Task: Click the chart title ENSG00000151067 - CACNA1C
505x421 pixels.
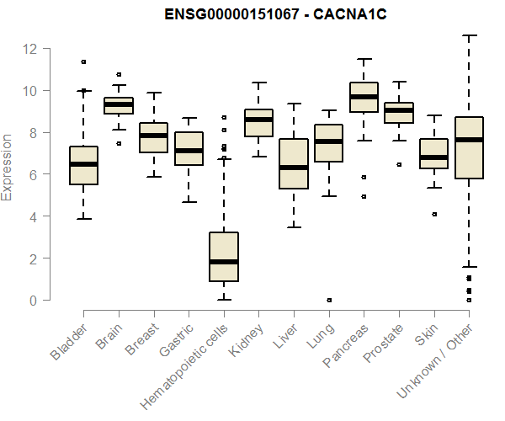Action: click(x=275, y=14)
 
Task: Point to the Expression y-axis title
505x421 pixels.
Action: click(x=7, y=168)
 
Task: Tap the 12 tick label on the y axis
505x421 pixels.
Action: click(x=29, y=49)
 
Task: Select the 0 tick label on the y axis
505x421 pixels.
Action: click(x=33, y=301)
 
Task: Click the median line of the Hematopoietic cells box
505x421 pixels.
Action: click(x=224, y=262)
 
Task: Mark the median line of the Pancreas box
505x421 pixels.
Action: click(x=364, y=97)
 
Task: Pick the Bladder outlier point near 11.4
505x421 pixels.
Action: click(x=83, y=61)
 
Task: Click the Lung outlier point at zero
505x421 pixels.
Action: click(x=329, y=301)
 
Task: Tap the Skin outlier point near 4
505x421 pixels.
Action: click(x=434, y=214)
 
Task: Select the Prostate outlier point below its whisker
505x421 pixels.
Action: click(x=399, y=164)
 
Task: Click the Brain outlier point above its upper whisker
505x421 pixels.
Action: click(x=119, y=74)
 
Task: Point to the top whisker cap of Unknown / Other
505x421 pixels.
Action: click(x=470, y=35)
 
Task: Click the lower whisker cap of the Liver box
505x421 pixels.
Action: click(x=294, y=227)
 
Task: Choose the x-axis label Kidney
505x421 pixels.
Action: click(x=247, y=340)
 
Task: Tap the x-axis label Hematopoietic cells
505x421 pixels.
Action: click(x=183, y=367)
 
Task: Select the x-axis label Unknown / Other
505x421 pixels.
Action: click(x=434, y=360)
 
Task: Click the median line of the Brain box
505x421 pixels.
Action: click(x=119, y=104)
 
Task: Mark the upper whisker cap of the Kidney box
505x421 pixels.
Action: click(x=259, y=83)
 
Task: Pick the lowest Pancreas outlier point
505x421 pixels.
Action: click(x=364, y=196)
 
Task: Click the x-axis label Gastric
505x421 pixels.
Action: click(x=177, y=340)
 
